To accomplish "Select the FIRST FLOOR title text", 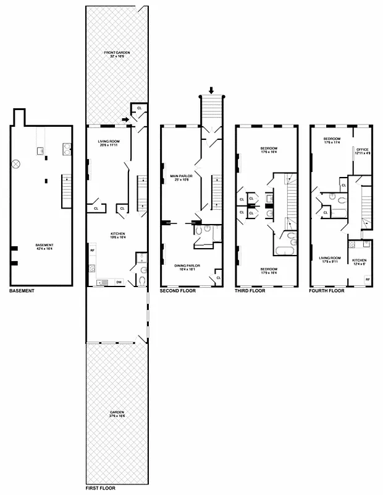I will pyautogui.click(x=100, y=488).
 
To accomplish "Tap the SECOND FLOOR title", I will pyautogui.click(x=177, y=290).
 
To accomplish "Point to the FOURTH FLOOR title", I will pyautogui.click(x=327, y=290).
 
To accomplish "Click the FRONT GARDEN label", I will pyautogui.click(x=117, y=55).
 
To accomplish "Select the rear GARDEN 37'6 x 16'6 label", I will pyautogui.click(x=117, y=414).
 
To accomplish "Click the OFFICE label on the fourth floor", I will pyautogui.click(x=361, y=150).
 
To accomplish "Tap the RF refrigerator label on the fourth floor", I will pyautogui.click(x=367, y=279).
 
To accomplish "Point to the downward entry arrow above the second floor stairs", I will pyautogui.click(x=212, y=90).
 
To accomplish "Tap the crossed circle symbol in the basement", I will pyautogui.click(x=18, y=164).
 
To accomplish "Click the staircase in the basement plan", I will pyautogui.click(x=67, y=191).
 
